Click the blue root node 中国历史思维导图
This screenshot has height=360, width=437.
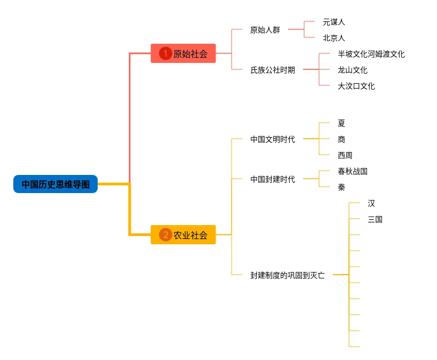[x=55, y=184]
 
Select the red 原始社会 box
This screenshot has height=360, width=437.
[x=183, y=53]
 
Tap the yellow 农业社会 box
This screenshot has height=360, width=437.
[x=183, y=235]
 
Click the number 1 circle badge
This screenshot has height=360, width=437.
[x=165, y=53]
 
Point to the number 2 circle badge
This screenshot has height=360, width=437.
[x=165, y=235]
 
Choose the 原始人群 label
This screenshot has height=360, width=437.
[x=265, y=30]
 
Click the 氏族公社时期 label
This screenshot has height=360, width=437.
[x=272, y=70]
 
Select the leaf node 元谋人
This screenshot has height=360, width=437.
[x=334, y=22]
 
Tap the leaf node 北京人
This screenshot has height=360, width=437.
[x=334, y=38]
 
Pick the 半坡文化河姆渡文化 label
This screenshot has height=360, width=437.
[x=371, y=54]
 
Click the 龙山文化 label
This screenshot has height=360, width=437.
[x=353, y=70]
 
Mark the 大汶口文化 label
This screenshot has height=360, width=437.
[x=356, y=86]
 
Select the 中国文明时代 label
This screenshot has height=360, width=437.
[x=272, y=139]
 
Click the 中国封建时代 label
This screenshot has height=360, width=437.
[x=272, y=179]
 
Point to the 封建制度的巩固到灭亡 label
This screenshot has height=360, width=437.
[x=287, y=275]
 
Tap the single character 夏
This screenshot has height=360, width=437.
[x=341, y=123]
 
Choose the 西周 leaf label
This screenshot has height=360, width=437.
[x=345, y=155]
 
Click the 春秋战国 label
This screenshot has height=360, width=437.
[x=353, y=171]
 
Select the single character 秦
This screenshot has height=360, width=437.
[x=341, y=187]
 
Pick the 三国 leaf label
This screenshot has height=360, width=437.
[x=375, y=219]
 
